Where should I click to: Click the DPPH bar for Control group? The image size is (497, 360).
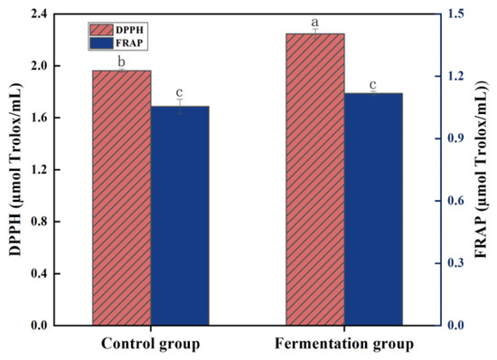122,198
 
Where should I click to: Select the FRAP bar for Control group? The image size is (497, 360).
180,215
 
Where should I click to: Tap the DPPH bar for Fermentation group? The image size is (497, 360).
315,179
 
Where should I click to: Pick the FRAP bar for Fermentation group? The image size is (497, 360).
373,209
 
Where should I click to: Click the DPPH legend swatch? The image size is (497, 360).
101,30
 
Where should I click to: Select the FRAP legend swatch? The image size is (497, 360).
101,43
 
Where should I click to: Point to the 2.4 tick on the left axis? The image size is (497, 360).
39,14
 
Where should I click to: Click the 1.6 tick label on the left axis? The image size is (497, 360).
39,118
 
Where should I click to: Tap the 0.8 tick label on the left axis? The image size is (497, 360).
39,222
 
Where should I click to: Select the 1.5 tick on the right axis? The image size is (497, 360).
455,14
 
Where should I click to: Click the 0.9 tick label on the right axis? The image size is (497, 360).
455,138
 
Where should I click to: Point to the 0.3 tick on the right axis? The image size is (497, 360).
455,263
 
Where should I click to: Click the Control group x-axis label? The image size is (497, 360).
151,345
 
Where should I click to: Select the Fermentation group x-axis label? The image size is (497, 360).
344,345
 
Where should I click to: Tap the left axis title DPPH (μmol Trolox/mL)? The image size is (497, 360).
14,170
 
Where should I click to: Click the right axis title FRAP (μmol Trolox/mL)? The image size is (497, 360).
483,170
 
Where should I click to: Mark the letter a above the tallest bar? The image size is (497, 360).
314,23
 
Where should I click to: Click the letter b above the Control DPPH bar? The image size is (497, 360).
122,62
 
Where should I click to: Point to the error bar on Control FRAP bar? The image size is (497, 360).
180,106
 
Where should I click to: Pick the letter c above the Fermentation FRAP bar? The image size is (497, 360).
373,85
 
